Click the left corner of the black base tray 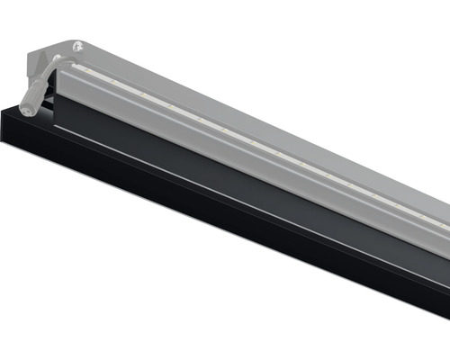3,111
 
